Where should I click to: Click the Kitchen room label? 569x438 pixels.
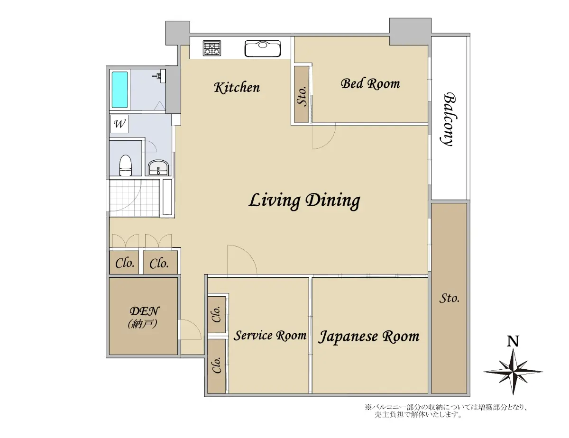[237, 87]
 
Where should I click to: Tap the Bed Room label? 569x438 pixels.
[370, 84]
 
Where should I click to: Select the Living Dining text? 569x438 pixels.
[304, 201]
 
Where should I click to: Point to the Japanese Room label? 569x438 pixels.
[368, 337]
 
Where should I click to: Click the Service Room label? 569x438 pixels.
[270, 336]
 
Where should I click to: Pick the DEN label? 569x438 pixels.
[144, 311]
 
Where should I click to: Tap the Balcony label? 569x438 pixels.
[449, 119]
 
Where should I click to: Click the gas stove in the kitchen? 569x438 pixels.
[212, 48]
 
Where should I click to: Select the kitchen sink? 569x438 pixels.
[263, 48]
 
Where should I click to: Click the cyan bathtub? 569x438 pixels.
[120, 90]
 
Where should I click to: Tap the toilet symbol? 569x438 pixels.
[125, 165]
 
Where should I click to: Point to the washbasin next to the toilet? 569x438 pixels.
[159, 167]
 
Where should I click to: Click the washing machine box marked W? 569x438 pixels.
[119, 124]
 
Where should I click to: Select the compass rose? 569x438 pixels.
[513, 372]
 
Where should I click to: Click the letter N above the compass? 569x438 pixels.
[513, 342]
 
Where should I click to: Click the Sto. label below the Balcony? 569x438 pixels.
[450, 298]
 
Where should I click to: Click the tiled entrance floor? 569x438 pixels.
[134, 198]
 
